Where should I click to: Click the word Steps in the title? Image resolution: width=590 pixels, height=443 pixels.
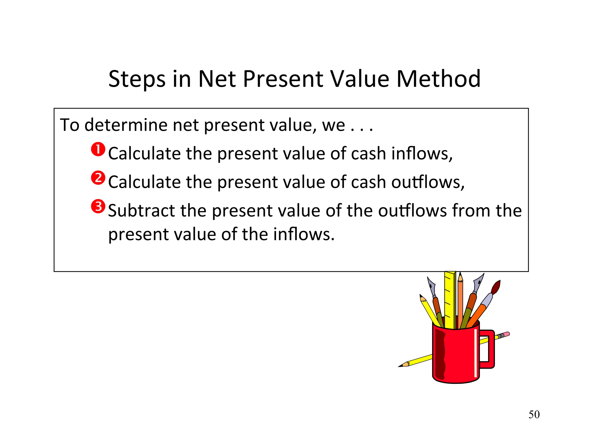point(137,79)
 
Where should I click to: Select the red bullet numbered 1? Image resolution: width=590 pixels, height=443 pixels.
point(98,149)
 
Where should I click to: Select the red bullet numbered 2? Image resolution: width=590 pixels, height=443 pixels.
point(98,178)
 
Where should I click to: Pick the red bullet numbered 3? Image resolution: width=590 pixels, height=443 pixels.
point(98,207)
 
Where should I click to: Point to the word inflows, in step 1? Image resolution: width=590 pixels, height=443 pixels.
point(422,153)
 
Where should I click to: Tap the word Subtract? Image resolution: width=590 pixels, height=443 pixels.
point(141,211)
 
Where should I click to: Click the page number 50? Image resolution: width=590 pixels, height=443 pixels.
point(534,414)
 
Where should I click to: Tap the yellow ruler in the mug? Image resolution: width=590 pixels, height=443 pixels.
point(450,300)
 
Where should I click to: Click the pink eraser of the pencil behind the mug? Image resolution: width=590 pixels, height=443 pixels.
point(507,334)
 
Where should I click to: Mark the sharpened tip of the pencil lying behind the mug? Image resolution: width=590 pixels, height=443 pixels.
point(401,366)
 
